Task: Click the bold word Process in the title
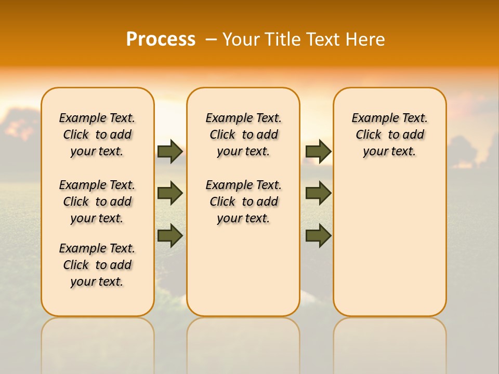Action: tap(161, 39)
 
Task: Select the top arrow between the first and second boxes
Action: tap(170, 151)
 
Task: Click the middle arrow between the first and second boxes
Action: tap(170, 193)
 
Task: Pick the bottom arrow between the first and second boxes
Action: tap(170, 235)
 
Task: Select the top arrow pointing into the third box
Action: tap(318, 151)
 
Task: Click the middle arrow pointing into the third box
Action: tap(318, 193)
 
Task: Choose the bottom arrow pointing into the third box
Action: tap(318, 235)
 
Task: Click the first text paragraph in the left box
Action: tap(97, 135)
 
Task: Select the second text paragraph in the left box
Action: tap(97, 202)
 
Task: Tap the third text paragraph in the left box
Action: tap(97, 265)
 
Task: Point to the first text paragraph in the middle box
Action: tap(243, 135)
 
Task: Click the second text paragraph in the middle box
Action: tap(243, 202)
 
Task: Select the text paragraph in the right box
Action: tap(389, 135)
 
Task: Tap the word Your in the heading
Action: tap(241, 39)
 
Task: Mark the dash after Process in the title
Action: tap(211, 39)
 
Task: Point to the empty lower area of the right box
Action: tap(389, 244)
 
